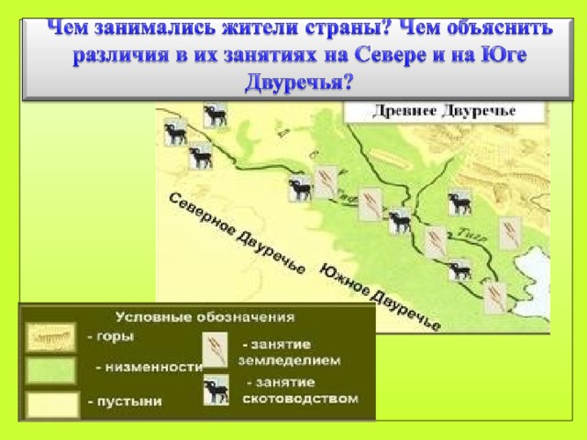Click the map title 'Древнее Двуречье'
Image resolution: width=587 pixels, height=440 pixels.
(445, 112)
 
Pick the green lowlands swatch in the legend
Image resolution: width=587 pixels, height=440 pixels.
(50, 369)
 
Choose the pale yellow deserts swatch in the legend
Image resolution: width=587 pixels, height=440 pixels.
(50, 404)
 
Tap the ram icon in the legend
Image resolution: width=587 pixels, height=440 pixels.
(216, 390)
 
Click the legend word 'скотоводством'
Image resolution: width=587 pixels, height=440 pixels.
(300, 399)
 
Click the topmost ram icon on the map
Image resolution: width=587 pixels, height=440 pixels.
(216, 115)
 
